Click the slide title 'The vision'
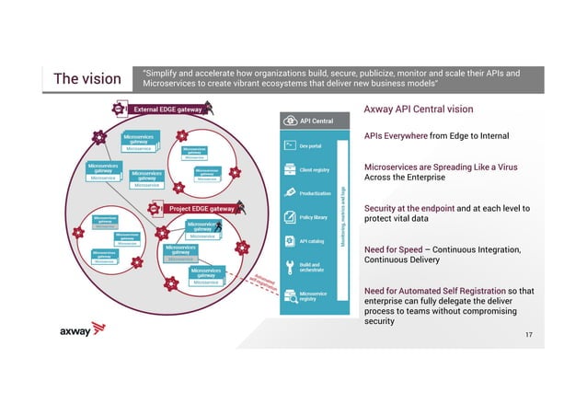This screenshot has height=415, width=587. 87,79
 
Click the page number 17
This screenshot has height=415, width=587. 528,333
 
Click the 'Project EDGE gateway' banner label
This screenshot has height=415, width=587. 199,208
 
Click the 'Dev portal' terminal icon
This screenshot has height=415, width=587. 290,145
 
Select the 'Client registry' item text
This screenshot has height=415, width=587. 315,169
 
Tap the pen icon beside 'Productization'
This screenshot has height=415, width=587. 290,193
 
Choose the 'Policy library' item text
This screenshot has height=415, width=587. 314,218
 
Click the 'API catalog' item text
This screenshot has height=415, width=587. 311,241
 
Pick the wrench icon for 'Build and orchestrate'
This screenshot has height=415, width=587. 290,268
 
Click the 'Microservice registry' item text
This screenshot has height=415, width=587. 314,296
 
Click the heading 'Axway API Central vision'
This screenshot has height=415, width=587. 419,110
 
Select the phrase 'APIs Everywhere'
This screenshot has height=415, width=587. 397,136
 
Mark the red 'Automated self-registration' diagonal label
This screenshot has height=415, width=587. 264,280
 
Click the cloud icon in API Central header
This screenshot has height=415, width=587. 291,120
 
